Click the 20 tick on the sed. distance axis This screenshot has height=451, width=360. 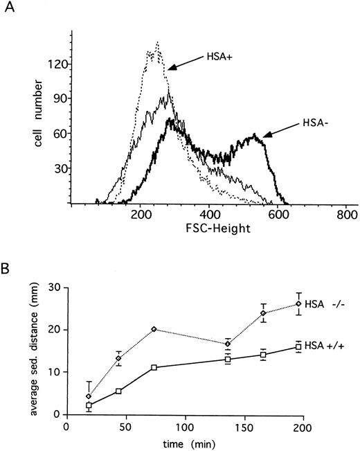(55, 329)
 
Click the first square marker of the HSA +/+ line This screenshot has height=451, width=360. (89, 405)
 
